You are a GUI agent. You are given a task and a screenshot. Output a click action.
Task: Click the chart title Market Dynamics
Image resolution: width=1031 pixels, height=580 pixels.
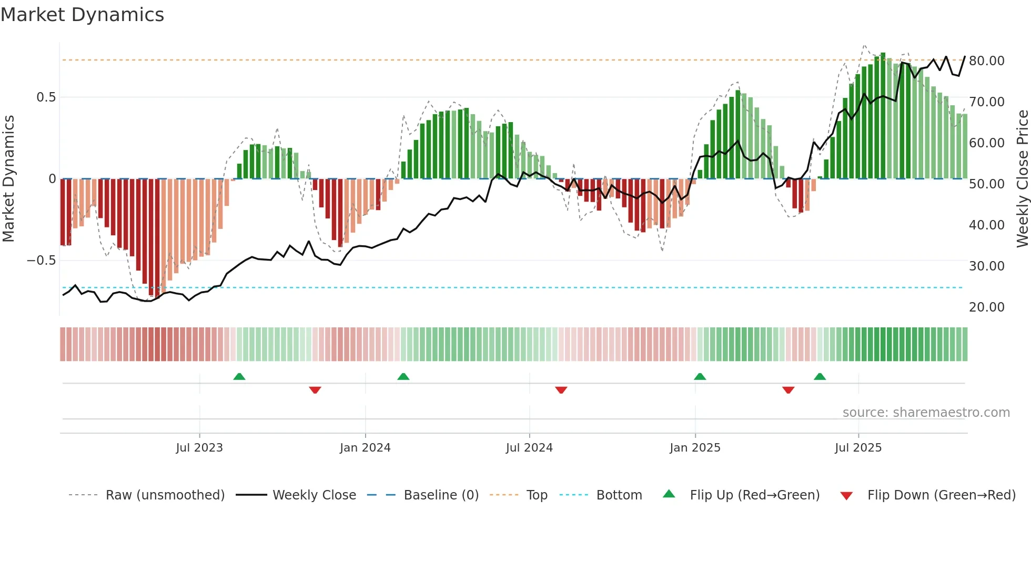82,15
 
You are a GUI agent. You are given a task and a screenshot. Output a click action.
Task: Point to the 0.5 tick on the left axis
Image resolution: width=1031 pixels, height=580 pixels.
46,97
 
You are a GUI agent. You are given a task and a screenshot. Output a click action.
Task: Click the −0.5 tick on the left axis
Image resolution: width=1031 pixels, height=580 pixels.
41,261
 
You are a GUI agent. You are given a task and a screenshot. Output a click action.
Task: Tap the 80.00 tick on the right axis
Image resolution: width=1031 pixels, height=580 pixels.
986,61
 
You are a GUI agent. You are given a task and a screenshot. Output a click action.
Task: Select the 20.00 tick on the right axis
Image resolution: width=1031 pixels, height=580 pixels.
986,307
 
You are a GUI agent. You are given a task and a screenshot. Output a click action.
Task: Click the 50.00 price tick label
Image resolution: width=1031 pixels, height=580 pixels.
986,184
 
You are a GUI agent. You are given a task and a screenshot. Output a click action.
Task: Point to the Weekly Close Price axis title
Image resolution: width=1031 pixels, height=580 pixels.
1022,178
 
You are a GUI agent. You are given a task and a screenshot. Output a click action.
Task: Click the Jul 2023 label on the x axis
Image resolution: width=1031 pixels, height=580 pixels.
199,448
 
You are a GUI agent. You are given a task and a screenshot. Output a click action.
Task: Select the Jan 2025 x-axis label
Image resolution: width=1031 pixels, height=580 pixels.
695,448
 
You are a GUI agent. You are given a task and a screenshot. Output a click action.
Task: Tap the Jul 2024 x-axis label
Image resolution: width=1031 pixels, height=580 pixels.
529,448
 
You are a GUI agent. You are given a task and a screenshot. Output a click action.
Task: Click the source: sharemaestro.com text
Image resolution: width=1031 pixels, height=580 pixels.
926,413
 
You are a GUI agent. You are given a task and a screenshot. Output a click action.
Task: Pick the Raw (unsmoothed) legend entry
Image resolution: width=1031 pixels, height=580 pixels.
165,495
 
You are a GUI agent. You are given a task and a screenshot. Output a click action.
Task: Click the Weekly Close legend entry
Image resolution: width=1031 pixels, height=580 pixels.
314,495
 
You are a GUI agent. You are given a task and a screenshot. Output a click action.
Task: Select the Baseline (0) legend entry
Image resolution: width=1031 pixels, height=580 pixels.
441,495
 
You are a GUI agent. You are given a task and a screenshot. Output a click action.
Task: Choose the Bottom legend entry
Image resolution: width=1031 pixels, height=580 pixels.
619,495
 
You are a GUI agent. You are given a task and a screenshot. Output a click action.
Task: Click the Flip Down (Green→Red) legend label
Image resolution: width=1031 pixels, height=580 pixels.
941,495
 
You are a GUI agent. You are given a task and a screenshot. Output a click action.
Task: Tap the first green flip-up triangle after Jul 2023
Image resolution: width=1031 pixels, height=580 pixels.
239,376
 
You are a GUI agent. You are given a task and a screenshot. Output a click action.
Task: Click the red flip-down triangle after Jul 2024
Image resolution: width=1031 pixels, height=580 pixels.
561,390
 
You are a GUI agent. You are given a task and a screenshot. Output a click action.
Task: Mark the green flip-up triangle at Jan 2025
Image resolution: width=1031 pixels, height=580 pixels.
700,376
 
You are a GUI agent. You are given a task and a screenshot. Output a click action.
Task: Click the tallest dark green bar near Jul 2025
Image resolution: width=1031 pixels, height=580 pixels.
883,116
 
